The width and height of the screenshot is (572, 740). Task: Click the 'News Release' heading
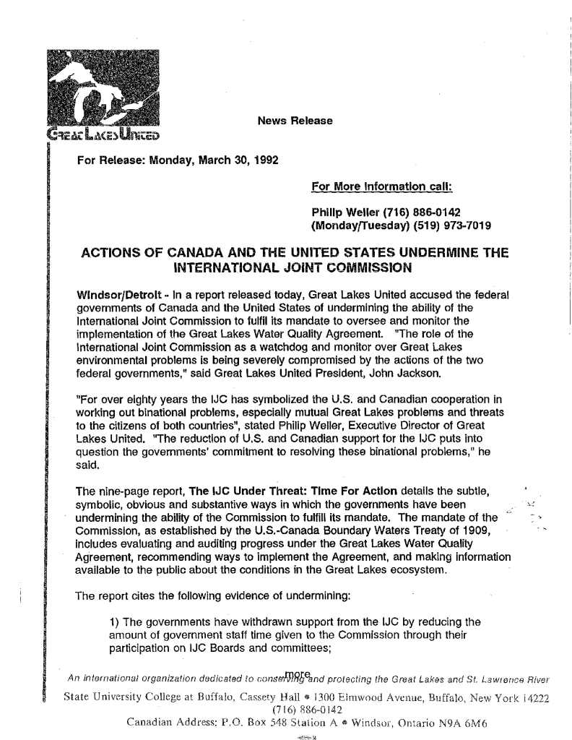point(295,120)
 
